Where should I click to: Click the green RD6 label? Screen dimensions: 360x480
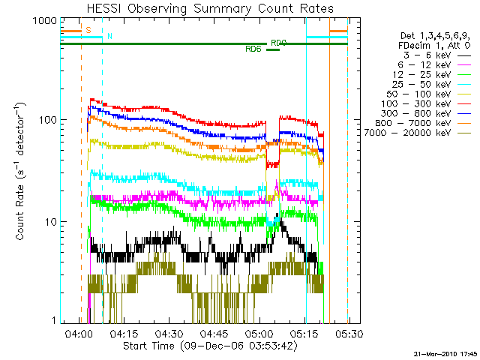coord(253,49)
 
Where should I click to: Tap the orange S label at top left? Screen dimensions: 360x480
coord(88,30)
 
